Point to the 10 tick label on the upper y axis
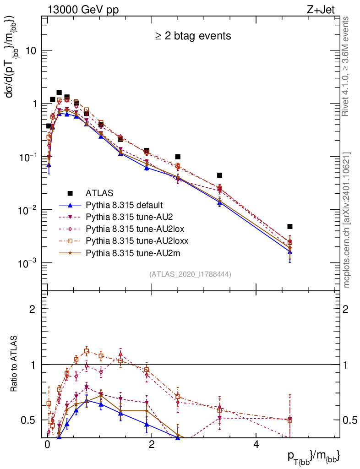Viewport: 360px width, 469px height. point(30,50)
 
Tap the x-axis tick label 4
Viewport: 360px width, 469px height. point(256,445)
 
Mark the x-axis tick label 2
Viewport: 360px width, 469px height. point(152,445)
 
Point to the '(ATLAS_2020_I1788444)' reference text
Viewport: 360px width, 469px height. point(190,274)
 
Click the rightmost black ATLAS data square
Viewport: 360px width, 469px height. point(290,226)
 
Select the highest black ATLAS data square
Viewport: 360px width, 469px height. point(59,93)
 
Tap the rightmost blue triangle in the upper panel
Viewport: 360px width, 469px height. point(290,252)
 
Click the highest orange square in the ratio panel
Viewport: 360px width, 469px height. point(87,351)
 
